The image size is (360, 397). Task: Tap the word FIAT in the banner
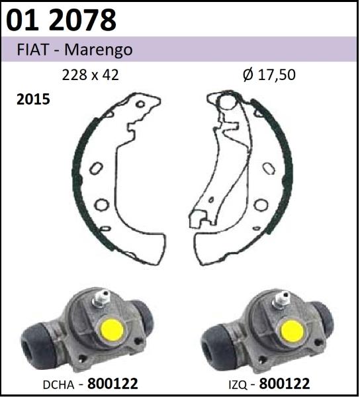tap(32, 50)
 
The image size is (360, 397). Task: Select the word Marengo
tap(99, 50)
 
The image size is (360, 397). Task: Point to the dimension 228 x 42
tap(91, 75)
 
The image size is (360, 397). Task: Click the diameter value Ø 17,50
tap(269, 75)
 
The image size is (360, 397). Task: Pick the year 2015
tap(33, 99)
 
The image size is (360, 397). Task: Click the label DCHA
tap(59, 385)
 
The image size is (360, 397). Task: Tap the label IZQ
tap(238, 385)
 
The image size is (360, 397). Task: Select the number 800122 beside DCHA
tap(112, 383)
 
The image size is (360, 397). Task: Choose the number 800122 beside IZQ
tap(285, 384)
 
